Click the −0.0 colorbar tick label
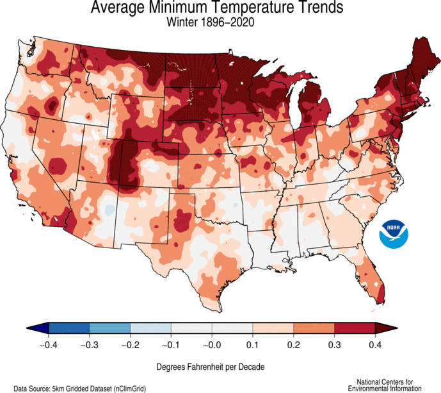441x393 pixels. pos(211,345)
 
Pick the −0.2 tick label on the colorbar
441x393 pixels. pos(129,345)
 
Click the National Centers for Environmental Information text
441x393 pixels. pos(385,385)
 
